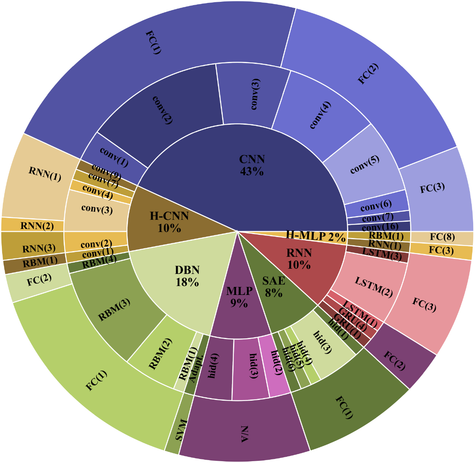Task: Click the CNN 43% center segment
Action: [x=251, y=165]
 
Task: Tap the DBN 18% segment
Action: [x=187, y=276]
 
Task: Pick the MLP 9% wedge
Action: [x=239, y=297]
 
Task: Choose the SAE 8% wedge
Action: [x=274, y=287]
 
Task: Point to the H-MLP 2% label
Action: [x=315, y=236]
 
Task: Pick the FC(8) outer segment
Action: [x=441, y=237]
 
